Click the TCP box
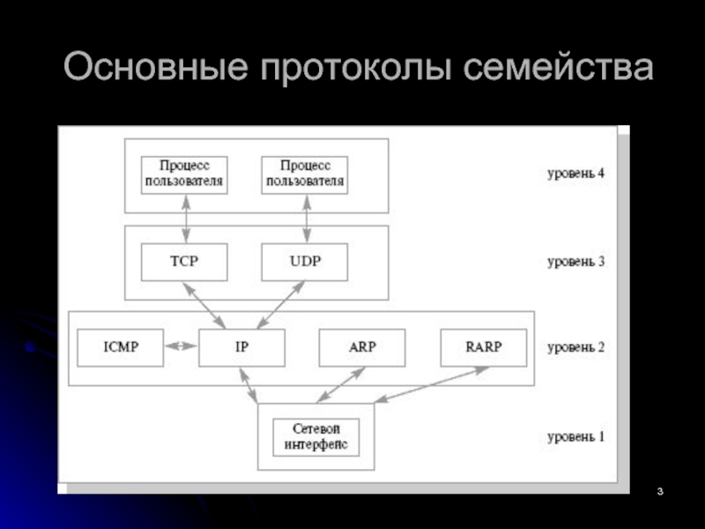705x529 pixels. coord(184,262)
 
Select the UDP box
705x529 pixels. coord(304,262)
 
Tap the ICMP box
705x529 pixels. coord(121,347)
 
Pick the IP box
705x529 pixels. coord(241,347)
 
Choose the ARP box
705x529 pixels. coord(362,347)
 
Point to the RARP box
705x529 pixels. coord(484,347)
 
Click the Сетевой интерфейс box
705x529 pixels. coord(316,437)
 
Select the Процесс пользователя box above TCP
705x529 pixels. coord(184,175)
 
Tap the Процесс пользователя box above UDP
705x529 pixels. coord(304,175)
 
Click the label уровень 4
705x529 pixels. coord(576,174)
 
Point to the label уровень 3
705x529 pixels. coord(576,262)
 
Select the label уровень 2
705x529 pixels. coord(576,347)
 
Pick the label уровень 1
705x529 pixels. coord(576,436)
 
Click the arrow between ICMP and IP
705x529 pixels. coord(181,346)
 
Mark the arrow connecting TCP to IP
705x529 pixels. coord(204,305)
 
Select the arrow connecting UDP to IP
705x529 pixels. coord(281,304)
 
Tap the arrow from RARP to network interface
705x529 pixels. coord(432,384)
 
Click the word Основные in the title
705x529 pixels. coord(156,67)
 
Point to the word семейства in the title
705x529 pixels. coord(558,67)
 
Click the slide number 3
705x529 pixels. coord(660,491)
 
